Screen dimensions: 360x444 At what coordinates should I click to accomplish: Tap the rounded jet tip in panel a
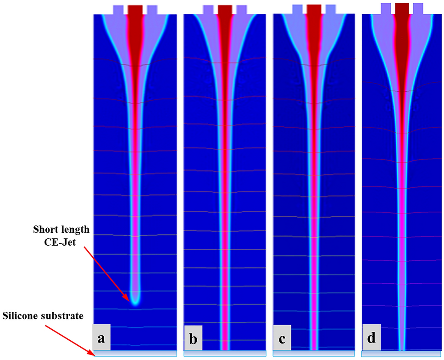pyautogui.click(x=135, y=300)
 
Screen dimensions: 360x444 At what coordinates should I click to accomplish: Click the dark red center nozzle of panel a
pyautogui.click(x=135, y=10)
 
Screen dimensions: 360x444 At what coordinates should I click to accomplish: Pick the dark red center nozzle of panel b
pyautogui.click(x=225, y=10)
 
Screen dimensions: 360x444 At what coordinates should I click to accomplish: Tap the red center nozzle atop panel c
pyautogui.click(x=314, y=9)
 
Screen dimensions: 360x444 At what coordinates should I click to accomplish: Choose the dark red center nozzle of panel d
pyautogui.click(x=402, y=8)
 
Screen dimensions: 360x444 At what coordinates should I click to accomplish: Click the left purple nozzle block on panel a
pyautogui.click(x=118, y=10)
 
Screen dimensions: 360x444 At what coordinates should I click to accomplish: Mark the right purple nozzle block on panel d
pyautogui.click(x=418, y=8)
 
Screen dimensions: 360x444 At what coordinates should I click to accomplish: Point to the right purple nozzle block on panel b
pyautogui.click(x=241, y=10)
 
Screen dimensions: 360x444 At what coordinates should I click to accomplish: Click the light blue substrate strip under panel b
pyautogui.click(x=225, y=354)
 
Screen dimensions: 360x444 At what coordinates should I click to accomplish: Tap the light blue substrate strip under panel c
pyautogui.click(x=314, y=354)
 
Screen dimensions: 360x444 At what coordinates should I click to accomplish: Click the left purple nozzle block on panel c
pyautogui.click(x=297, y=9)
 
